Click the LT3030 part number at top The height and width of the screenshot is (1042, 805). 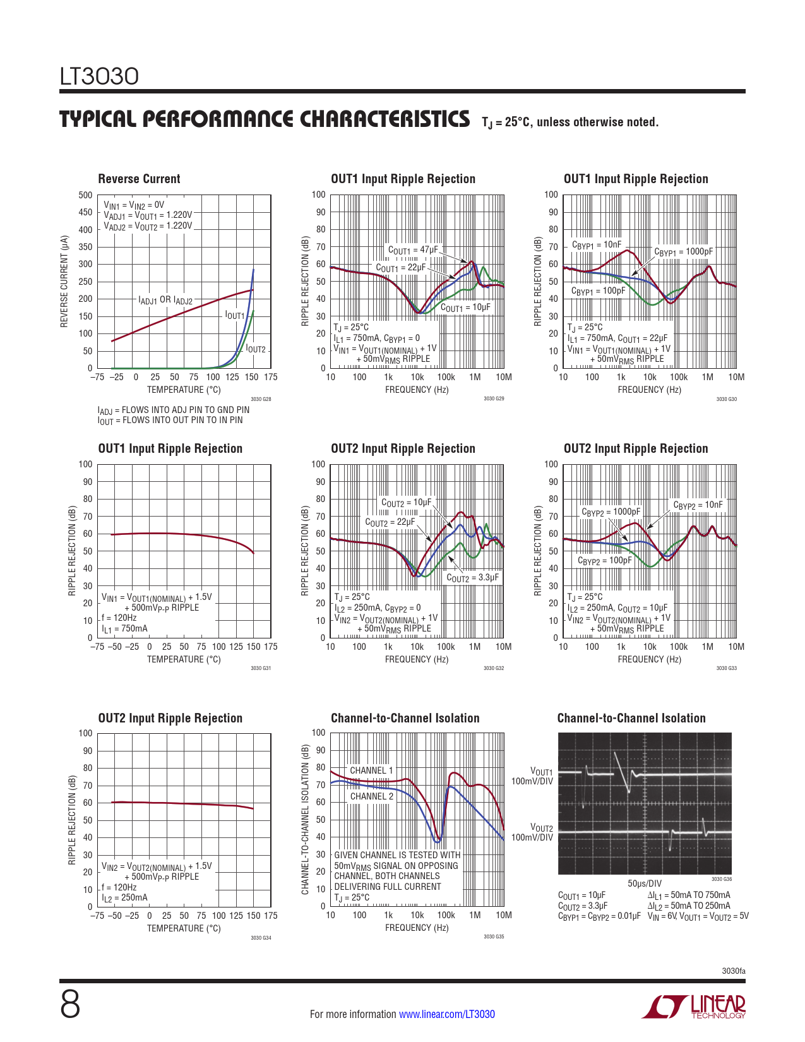click(x=99, y=76)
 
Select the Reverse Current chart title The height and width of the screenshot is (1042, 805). click(x=139, y=179)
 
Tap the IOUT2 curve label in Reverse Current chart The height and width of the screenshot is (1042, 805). click(x=256, y=349)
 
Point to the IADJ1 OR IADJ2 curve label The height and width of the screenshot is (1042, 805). click(x=165, y=301)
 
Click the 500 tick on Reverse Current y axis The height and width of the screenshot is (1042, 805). click(x=85, y=195)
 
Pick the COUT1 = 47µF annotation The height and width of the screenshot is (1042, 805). click(x=412, y=250)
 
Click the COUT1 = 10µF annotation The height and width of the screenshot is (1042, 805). click(x=465, y=308)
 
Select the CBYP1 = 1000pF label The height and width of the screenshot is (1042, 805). click(x=683, y=252)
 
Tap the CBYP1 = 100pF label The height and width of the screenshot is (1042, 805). click(x=598, y=291)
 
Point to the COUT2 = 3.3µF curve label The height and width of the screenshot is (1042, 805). click(x=473, y=578)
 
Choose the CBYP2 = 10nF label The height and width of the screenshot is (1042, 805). click(x=698, y=505)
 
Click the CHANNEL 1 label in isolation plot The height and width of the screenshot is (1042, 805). click(x=371, y=770)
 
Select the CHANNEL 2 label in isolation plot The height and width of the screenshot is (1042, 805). click(x=371, y=796)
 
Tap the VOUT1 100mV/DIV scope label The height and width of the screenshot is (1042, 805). click(x=532, y=776)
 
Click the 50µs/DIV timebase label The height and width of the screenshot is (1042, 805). click(x=645, y=883)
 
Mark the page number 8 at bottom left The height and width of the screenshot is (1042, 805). click(x=70, y=1004)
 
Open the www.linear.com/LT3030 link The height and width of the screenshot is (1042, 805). click(x=446, y=1014)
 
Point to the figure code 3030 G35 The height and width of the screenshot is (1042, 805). click(x=494, y=937)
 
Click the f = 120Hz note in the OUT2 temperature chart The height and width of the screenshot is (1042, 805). click(x=119, y=887)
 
